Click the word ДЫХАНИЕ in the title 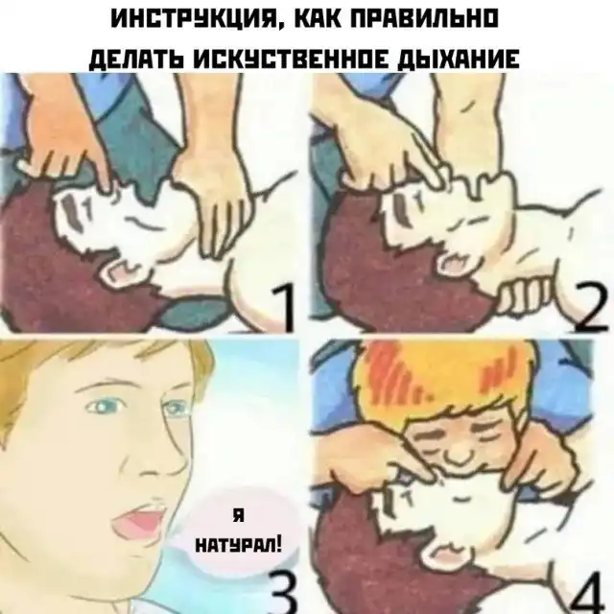click(x=459, y=59)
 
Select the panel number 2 click(x=591, y=309)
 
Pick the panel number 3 click(x=286, y=591)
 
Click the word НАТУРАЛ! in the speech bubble click(x=238, y=544)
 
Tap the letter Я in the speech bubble click(x=238, y=516)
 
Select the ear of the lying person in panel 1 click(x=117, y=270)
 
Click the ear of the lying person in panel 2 click(x=454, y=263)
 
